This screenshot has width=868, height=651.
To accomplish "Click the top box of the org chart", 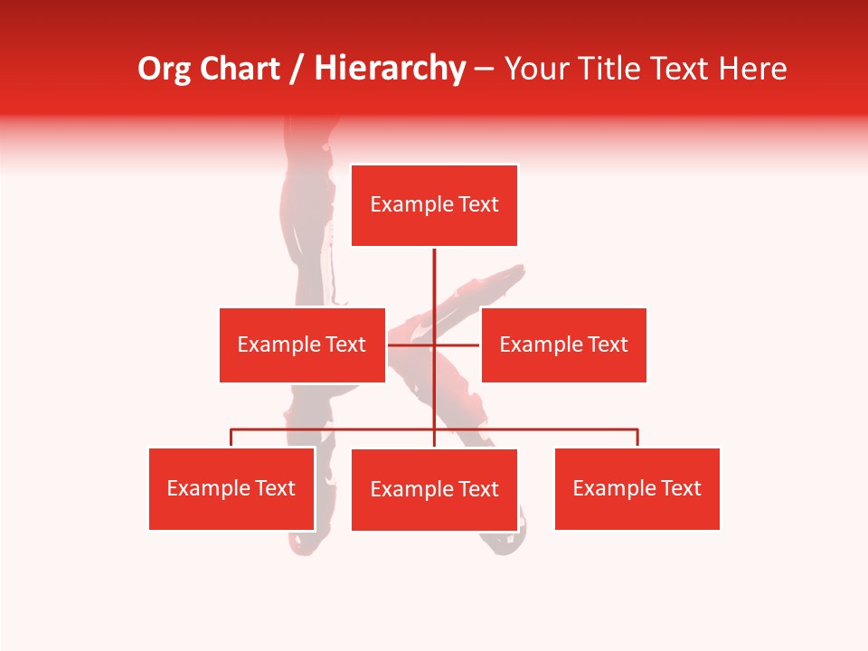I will (x=434, y=205).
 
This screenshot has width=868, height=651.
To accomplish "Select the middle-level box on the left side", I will (x=302, y=344).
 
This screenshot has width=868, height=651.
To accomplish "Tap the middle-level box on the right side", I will (x=563, y=344).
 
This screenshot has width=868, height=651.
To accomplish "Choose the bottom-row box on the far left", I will (x=231, y=488).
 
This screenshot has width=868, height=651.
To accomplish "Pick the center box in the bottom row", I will (x=434, y=489).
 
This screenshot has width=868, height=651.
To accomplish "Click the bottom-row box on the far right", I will (x=637, y=488).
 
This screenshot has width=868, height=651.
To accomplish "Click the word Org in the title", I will (x=164, y=69).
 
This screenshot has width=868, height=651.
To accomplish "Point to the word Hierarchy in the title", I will (x=389, y=69).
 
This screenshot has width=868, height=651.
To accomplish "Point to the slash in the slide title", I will (x=297, y=69).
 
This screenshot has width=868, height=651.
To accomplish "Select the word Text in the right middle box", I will (x=608, y=344).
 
